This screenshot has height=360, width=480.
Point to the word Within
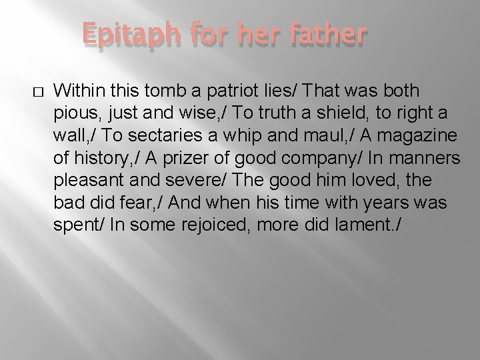click(77, 89)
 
